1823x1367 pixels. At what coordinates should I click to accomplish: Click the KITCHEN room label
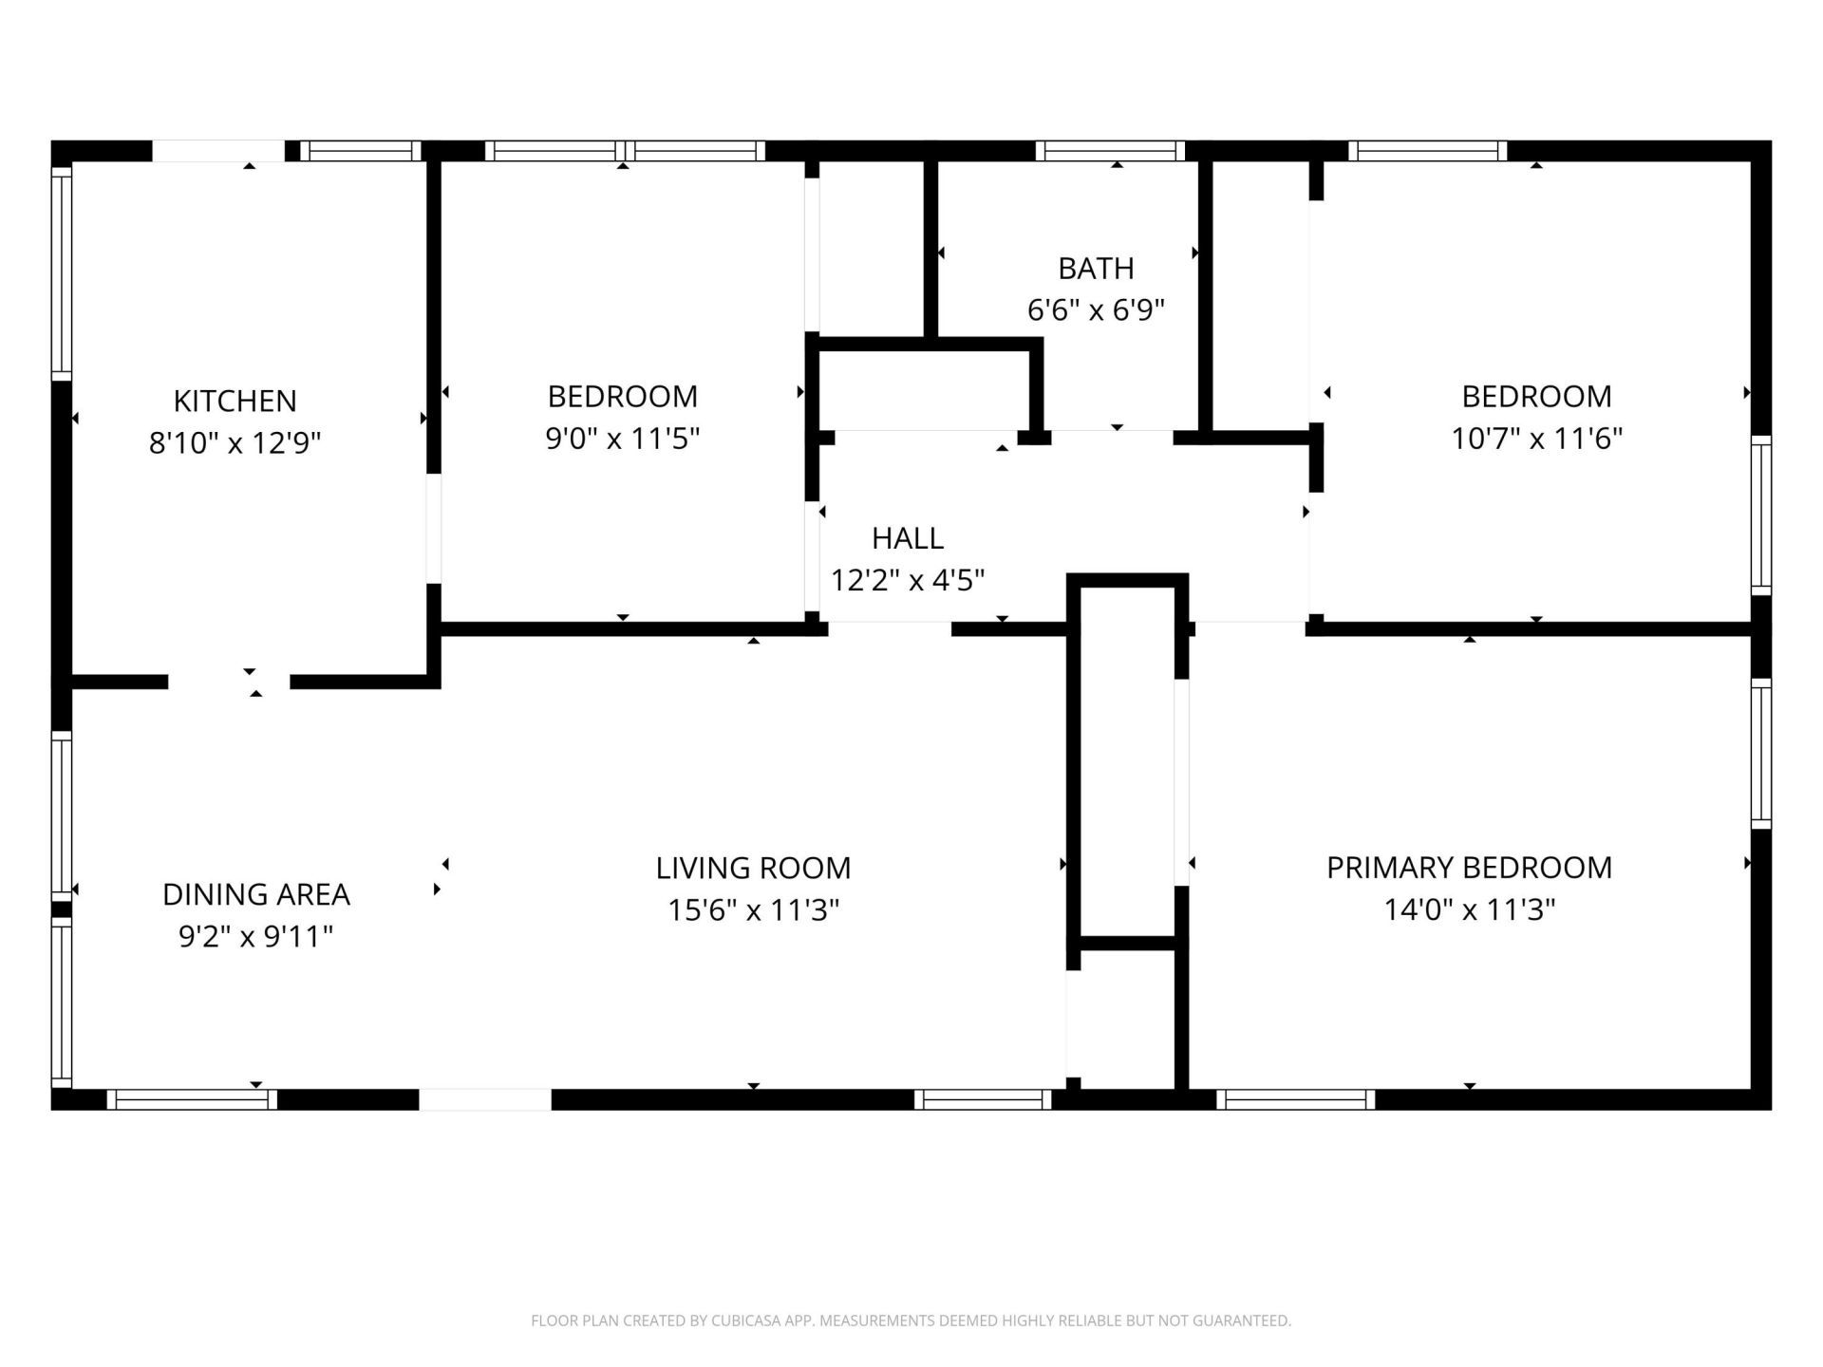click(x=235, y=401)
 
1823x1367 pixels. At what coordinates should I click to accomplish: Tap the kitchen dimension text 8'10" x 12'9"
click(x=235, y=443)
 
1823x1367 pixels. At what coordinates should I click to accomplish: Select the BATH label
click(x=1096, y=269)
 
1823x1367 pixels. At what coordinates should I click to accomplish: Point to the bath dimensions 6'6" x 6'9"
click(x=1096, y=310)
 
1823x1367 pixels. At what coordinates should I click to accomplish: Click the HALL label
click(x=907, y=538)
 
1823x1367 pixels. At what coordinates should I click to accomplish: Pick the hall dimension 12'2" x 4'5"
click(x=907, y=580)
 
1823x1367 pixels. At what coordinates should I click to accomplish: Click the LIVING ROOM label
click(x=753, y=868)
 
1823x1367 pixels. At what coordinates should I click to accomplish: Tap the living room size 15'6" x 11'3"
click(x=753, y=910)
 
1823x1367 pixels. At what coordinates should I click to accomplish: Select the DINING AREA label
click(x=255, y=894)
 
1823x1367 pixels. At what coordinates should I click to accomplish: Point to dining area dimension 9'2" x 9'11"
click(x=255, y=937)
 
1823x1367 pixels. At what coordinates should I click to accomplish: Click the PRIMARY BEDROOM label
click(x=1469, y=868)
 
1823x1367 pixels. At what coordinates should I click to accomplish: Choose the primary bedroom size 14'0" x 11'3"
click(x=1469, y=910)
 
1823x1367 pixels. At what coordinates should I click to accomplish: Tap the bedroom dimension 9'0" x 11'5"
click(x=622, y=439)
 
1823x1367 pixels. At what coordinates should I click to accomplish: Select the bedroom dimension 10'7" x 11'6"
click(x=1536, y=439)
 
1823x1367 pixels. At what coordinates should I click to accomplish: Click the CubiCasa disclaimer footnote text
click(x=911, y=1320)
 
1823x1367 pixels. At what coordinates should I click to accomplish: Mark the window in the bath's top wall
click(x=1110, y=151)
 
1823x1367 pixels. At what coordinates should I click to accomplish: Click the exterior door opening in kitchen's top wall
click(x=218, y=151)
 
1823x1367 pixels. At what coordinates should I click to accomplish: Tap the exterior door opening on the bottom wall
click(x=485, y=1099)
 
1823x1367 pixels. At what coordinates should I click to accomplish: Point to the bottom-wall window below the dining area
click(x=191, y=1099)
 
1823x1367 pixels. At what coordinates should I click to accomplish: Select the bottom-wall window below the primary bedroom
click(x=1295, y=1099)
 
